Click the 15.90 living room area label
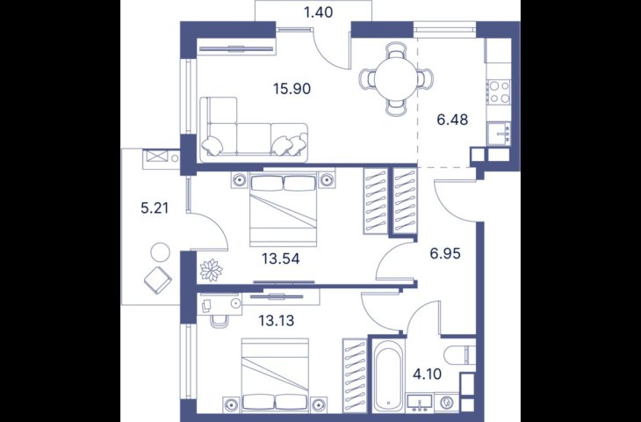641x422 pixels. pyautogui.click(x=292, y=89)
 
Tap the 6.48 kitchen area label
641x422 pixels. pyautogui.click(x=452, y=120)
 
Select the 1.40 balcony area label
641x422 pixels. pyautogui.click(x=319, y=12)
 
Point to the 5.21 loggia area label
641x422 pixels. pyautogui.click(x=155, y=208)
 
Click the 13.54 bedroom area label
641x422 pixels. pyautogui.click(x=281, y=258)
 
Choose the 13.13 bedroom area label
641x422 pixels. pyautogui.click(x=277, y=320)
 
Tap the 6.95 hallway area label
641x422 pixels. pyautogui.click(x=445, y=254)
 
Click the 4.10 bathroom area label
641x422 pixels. pyautogui.click(x=429, y=374)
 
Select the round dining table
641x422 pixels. pyautogui.click(x=396, y=78)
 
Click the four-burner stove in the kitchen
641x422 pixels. pyautogui.click(x=499, y=91)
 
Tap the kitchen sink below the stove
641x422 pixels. pyautogui.click(x=499, y=133)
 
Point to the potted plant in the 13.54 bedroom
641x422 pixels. pyautogui.click(x=211, y=270)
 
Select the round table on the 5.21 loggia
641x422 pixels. pyautogui.click(x=160, y=252)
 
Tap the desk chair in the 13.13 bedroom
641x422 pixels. pyautogui.click(x=220, y=321)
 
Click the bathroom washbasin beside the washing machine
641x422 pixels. pyautogui.click(x=420, y=402)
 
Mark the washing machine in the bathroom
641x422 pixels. pyautogui.click(x=445, y=402)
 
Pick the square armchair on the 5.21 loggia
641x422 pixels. pyautogui.click(x=158, y=280)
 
